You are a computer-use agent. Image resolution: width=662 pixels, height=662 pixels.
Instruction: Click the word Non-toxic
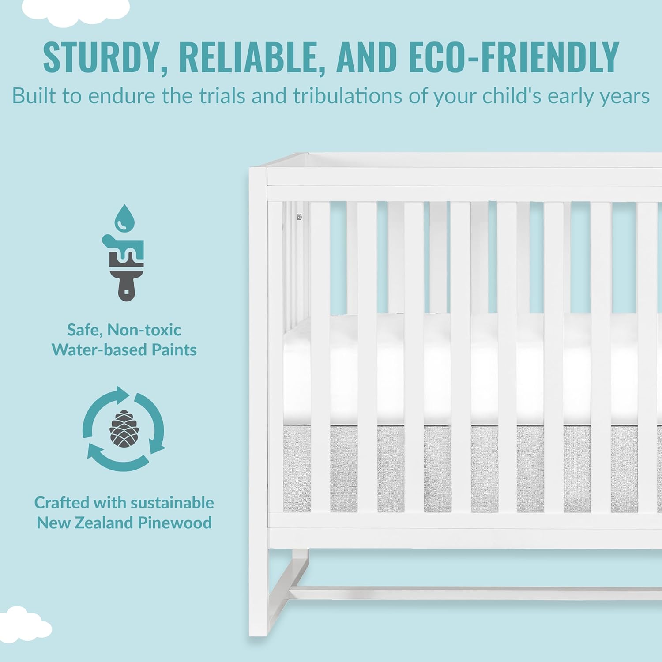coord(144,330)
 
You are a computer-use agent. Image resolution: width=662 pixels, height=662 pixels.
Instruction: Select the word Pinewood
coord(175,523)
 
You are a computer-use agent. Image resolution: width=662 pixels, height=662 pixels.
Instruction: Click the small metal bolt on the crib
coord(299,217)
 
